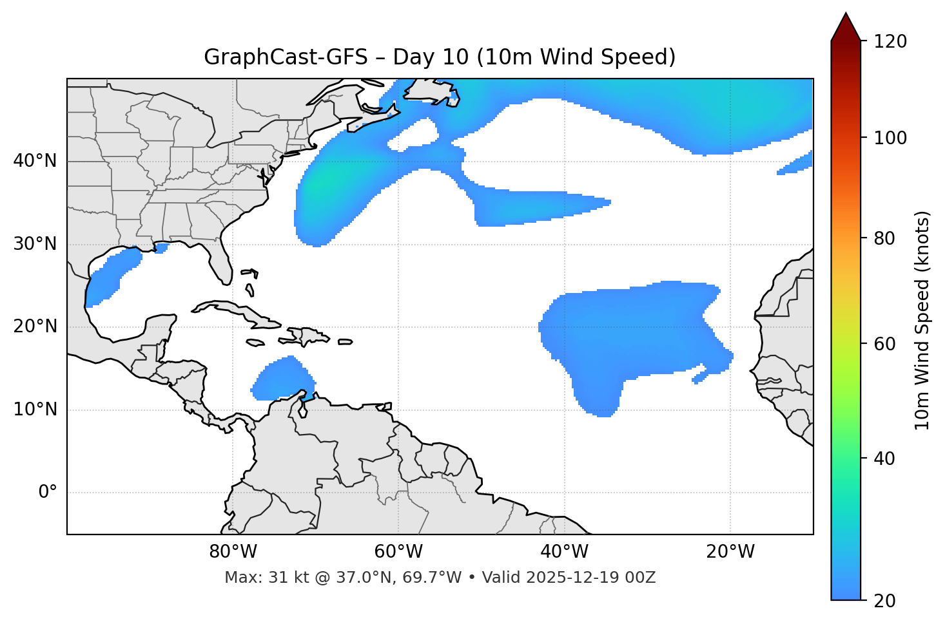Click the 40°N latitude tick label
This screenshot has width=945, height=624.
pyautogui.click(x=35, y=161)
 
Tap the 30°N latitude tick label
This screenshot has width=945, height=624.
pyautogui.click(x=35, y=244)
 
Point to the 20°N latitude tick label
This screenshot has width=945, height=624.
pyautogui.click(x=35, y=326)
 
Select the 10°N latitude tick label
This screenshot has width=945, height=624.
pyautogui.click(x=35, y=410)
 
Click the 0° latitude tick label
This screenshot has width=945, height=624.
pyautogui.click(x=48, y=493)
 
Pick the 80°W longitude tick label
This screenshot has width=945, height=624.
pyautogui.click(x=233, y=552)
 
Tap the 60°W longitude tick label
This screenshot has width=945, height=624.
pyautogui.click(x=398, y=552)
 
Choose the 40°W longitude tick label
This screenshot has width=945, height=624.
pyautogui.click(x=565, y=552)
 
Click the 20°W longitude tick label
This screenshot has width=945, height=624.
pyautogui.click(x=730, y=552)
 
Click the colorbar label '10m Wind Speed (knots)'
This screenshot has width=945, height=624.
pyautogui.click(x=922, y=320)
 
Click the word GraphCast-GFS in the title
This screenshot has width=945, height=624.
pyautogui.click(x=286, y=57)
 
